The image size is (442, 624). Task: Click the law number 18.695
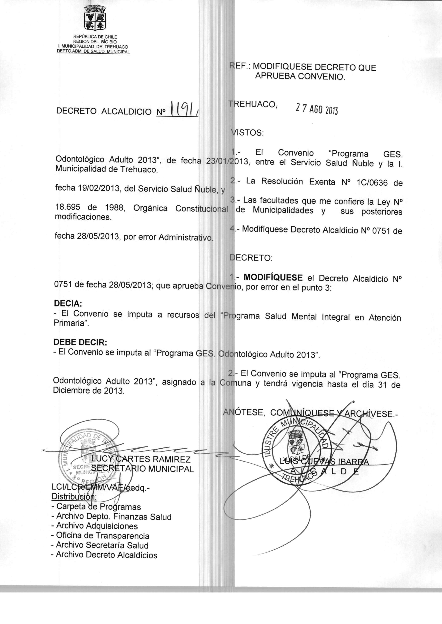68,207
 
